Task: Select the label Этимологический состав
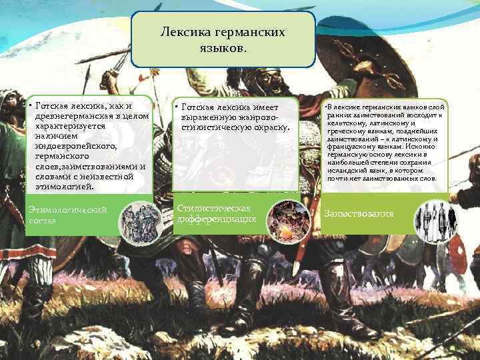[67, 215]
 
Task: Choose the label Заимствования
[359, 214]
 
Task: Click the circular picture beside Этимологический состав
[141, 219]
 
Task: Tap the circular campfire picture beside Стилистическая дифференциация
[289, 221]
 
